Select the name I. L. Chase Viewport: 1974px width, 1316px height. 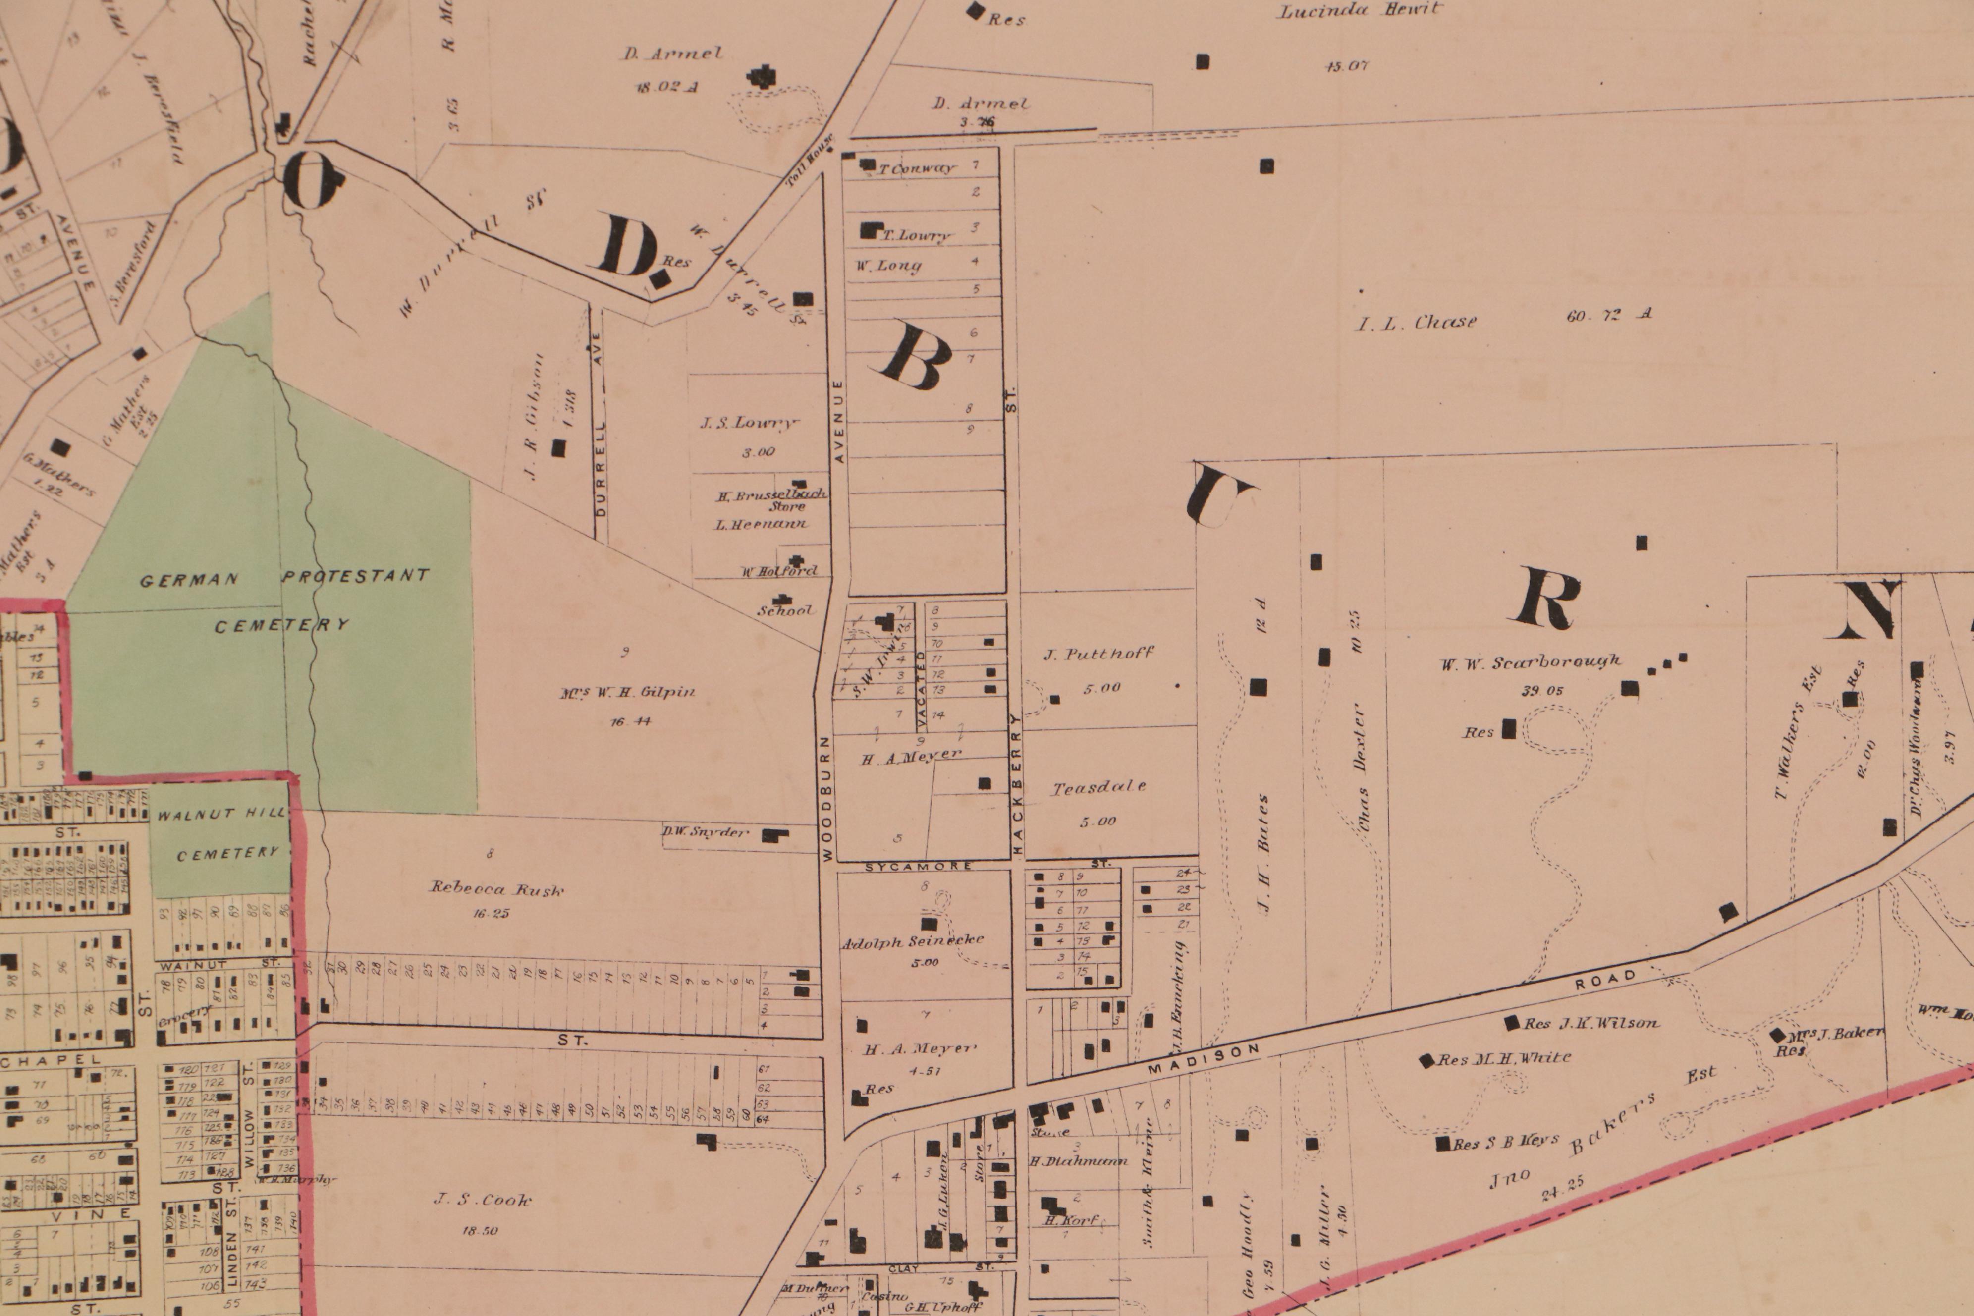pyautogui.click(x=1417, y=322)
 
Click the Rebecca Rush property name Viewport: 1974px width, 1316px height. pyautogui.click(x=497, y=890)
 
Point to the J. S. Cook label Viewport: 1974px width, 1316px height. pyautogui.click(x=483, y=1200)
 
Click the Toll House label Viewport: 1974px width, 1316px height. pyautogui.click(x=811, y=160)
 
